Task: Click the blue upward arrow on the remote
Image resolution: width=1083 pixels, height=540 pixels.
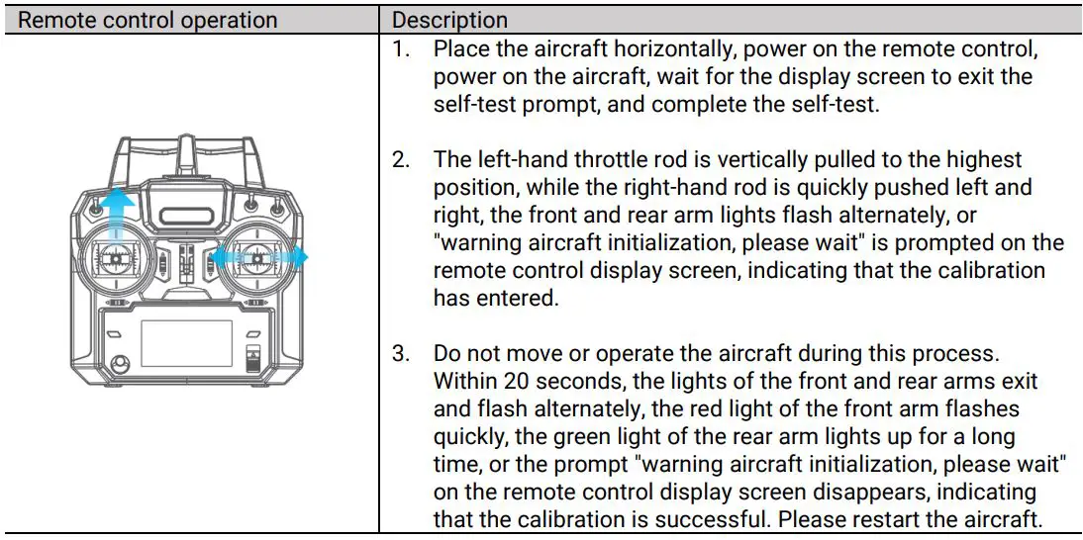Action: (117, 212)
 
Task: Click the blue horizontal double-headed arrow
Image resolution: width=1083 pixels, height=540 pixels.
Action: (259, 257)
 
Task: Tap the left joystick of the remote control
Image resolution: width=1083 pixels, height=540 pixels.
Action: (116, 259)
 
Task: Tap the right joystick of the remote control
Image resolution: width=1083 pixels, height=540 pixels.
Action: (259, 258)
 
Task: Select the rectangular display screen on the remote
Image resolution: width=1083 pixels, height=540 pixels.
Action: (186, 343)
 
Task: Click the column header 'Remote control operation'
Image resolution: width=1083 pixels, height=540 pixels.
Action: (148, 20)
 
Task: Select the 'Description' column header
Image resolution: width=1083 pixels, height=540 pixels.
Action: (450, 20)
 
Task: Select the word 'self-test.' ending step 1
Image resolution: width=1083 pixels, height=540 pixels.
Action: (836, 104)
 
